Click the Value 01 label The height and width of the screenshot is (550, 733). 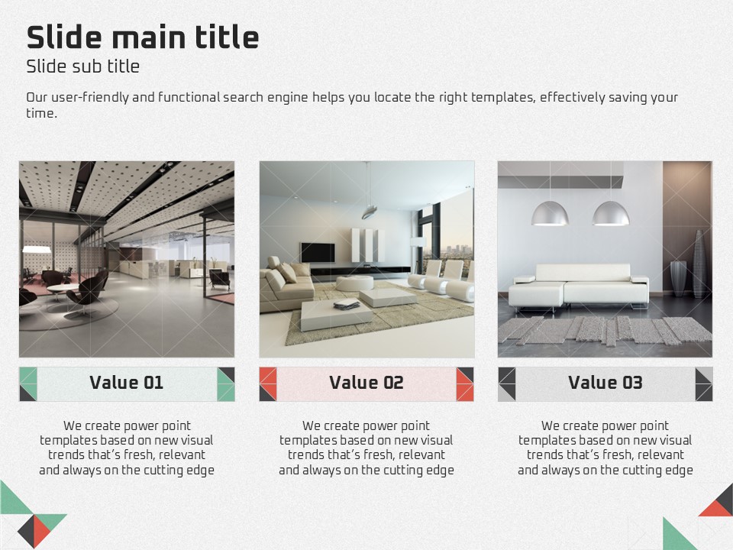126,383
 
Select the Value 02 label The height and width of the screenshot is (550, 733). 366,383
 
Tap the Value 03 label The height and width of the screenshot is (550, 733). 605,383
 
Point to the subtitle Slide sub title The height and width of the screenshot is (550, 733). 82,66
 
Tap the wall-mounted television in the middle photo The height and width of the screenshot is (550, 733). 318,253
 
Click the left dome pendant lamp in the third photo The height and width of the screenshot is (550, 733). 550,214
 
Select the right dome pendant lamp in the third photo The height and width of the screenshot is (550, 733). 611,214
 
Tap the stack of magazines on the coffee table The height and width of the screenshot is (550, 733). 347,305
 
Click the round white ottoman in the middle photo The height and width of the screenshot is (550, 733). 355,283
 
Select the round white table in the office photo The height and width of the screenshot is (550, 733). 63,289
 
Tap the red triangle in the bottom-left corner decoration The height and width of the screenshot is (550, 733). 41,530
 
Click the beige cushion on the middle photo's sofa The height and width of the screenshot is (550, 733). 288,273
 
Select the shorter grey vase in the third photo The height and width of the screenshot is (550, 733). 678,278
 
